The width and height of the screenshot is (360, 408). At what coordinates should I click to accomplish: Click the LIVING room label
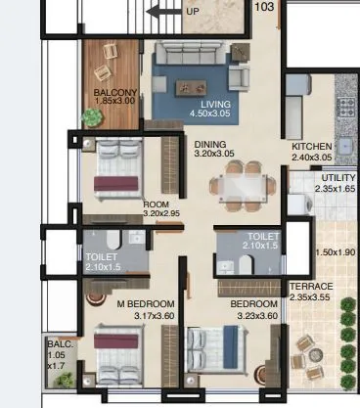[215, 104]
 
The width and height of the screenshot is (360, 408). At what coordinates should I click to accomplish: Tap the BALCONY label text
[115, 93]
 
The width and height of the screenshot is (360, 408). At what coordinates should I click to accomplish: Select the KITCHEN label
[312, 146]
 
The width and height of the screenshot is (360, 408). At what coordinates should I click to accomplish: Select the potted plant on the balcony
[91, 116]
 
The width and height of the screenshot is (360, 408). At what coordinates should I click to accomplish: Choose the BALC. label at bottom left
[55, 345]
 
